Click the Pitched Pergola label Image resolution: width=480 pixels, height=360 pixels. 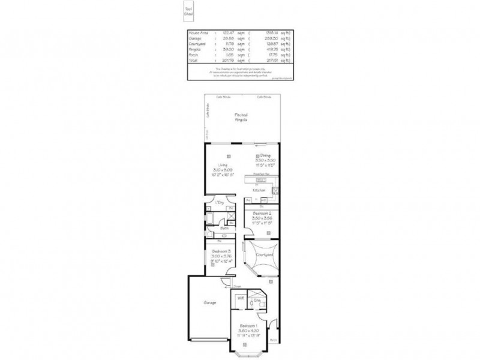click(x=241, y=116)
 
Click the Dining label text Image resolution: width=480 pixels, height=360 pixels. click(x=265, y=155)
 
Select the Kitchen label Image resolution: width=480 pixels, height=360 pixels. click(x=259, y=190)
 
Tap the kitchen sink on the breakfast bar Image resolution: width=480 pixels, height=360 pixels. click(x=275, y=191)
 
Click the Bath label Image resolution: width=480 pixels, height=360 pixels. click(x=224, y=228)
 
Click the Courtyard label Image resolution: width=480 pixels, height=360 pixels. click(x=265, y=255)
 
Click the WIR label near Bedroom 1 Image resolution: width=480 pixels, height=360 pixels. click(x=240, y=298)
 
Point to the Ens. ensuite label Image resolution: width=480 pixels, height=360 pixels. click(x=257, y=299)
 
